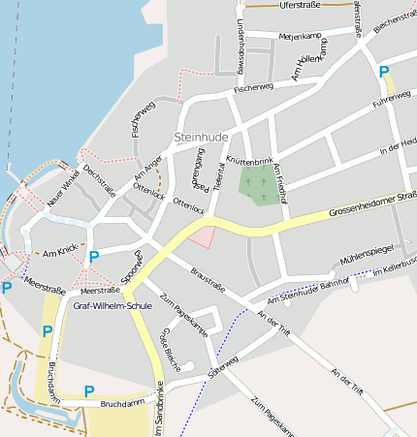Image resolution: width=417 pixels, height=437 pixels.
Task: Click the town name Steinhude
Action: pyautogui.click(x=201, y=138)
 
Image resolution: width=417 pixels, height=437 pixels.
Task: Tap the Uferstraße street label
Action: pyautogui.click(x=299, y=6)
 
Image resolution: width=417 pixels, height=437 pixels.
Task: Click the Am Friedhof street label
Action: pyautogui.click(x=280, y=182)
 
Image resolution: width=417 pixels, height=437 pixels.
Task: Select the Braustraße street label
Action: pyautogui.click(x=208, y=279)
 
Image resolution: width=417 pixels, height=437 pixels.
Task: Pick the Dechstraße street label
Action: pyautogui.click(x=99, y=179)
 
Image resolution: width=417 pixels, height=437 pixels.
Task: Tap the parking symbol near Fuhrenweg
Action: pyautogui.click(x=384, y=72)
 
